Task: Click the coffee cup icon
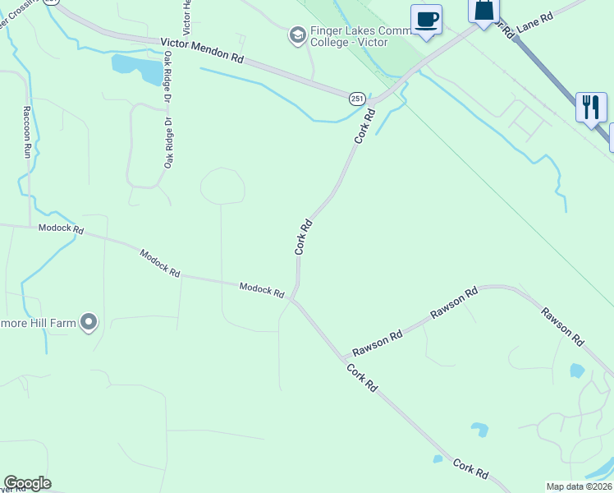(x=426, y=20)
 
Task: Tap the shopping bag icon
(x=484, y=10)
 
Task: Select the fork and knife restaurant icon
(x=590, y=107)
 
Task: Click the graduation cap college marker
(x=296, y=35)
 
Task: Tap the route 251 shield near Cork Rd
(x=357, y=99)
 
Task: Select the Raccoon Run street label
(x=27, y=132)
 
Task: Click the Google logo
(x=27, y=483)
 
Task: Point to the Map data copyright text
(x=579, y=486)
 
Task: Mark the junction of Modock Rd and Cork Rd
(x=292, y=300)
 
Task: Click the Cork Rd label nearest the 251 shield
(x=364, y=127)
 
